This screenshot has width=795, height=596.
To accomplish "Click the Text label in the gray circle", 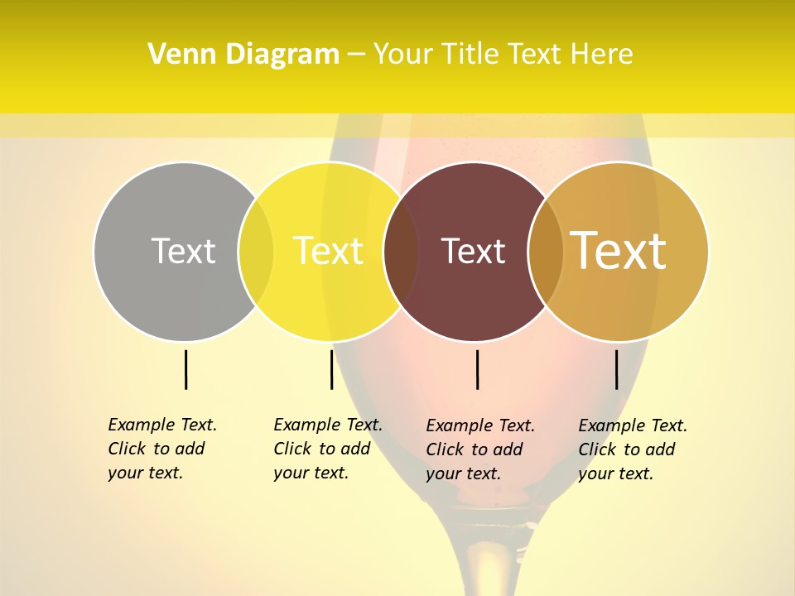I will tap(183, 251).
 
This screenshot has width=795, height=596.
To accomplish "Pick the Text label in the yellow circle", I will tap(329, 251).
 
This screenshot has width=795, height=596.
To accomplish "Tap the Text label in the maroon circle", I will tap(474, 252).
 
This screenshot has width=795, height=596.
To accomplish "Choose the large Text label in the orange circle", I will tap(619, 251).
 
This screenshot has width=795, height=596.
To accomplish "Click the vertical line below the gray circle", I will tap(185, 369).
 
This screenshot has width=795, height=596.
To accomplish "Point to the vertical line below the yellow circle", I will tap(331, 369).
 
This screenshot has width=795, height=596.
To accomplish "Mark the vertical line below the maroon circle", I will tap(477, 369).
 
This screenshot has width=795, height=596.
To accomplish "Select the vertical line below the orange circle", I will tap(616, 369).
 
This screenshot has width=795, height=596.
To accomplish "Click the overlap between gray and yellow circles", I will tap(256, 252).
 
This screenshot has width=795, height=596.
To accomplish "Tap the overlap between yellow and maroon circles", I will tap(401, 252).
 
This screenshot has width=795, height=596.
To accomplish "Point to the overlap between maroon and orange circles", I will tap(545, 252).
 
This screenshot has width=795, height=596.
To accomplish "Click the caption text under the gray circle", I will tap(161, 449).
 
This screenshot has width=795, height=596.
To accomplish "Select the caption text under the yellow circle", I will tap(327, 449).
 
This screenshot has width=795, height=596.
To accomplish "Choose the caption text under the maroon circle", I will tap(479, 449).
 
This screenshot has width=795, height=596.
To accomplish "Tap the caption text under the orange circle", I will tap(632, 449).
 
